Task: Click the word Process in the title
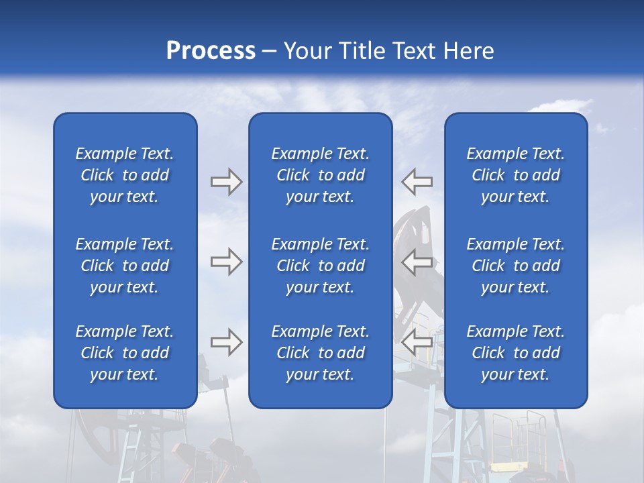click(x=211, y=51)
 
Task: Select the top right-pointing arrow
click(x=226, y=182)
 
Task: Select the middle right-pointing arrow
click(x=226, y=262)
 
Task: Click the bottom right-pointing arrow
click(x=226, y=342)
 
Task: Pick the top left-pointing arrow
click(x=417, y=182)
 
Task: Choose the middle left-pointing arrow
click(x=417, y=262)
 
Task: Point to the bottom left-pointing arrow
click(x=417, y=342)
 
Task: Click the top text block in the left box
click(x=125, y=175)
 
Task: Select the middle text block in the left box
click(x=125, y=266)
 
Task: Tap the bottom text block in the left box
click(x=125, y=353)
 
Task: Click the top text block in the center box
click(x=320, y=175)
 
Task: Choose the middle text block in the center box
click(x=320, y=266)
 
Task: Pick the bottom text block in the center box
click(x=320, y=353)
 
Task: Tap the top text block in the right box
click(x=515, y=175)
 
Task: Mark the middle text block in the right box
click(x=515, y=266)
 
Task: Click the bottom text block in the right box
click(x=515, y=353)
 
